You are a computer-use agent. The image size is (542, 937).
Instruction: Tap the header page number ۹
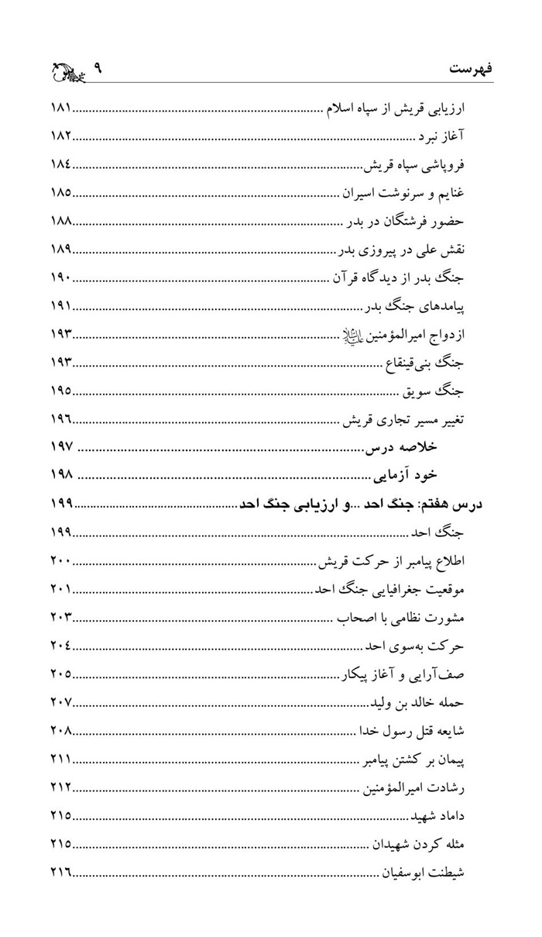tap(98, 68)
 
